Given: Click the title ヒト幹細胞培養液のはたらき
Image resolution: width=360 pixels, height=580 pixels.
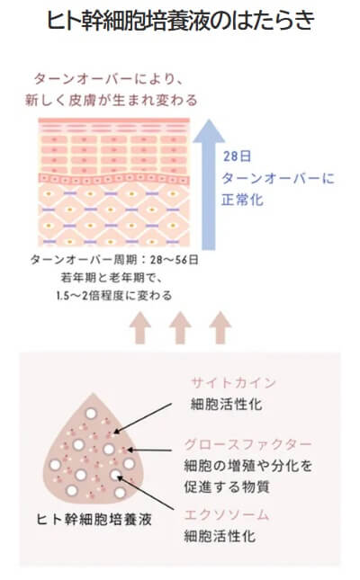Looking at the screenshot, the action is point(180,20).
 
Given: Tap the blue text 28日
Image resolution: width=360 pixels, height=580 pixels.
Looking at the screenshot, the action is point(237,156).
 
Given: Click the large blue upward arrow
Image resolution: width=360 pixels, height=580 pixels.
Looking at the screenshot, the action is point(209,184).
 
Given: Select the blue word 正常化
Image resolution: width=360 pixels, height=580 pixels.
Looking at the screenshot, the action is point(243,200).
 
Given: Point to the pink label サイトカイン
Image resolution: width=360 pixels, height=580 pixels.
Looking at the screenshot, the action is point(233,382).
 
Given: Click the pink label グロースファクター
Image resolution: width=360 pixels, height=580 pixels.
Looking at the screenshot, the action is point(247,444).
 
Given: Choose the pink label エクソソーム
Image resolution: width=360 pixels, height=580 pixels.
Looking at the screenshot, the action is point(226,514).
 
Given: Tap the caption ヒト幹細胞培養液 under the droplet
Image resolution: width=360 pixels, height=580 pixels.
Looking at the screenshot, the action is point(94,520).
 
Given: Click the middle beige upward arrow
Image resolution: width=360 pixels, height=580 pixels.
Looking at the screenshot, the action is point(180,327).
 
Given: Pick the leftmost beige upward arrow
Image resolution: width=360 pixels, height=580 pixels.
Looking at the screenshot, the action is point(140,327).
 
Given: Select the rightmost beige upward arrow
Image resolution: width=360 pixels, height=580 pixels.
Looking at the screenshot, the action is point(220,327).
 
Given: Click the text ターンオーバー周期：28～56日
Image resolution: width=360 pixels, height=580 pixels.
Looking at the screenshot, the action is point(114,260).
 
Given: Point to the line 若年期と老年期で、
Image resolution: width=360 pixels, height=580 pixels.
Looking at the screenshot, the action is point(112,278).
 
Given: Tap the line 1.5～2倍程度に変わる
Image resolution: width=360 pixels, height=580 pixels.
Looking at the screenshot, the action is point(114,296).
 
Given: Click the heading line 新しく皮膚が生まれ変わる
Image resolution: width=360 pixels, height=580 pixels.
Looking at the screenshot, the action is point(111,100).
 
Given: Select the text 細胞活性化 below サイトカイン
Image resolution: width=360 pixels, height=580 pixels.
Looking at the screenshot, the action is point(226,404).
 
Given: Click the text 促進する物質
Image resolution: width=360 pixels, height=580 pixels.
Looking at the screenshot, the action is point(227,486).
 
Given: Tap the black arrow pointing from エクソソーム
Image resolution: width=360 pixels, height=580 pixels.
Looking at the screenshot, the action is point(146,494).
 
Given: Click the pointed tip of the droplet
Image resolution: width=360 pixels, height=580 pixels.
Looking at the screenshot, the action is point(93,395).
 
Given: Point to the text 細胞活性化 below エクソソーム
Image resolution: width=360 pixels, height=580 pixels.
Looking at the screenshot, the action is point(220,536).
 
